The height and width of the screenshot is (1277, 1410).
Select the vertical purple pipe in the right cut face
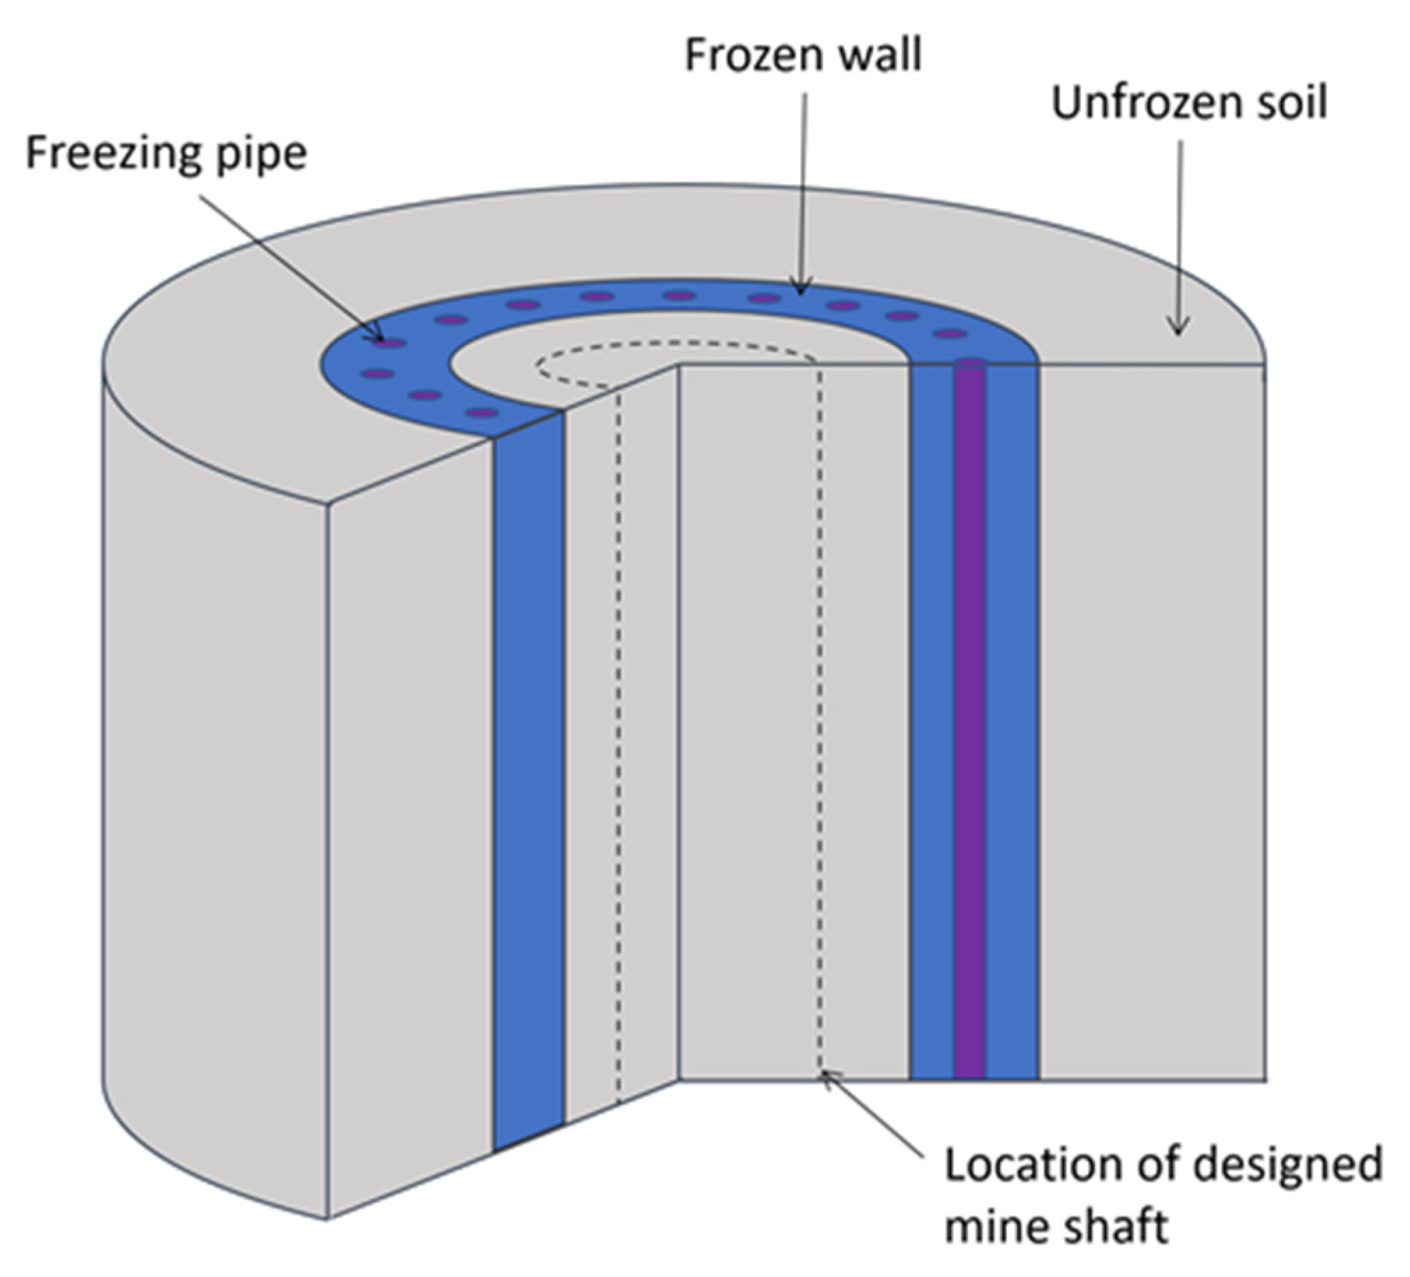point(969,700)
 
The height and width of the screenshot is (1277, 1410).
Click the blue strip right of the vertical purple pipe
point(1011,700)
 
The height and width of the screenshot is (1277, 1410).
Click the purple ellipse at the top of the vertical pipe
point(969,362)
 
